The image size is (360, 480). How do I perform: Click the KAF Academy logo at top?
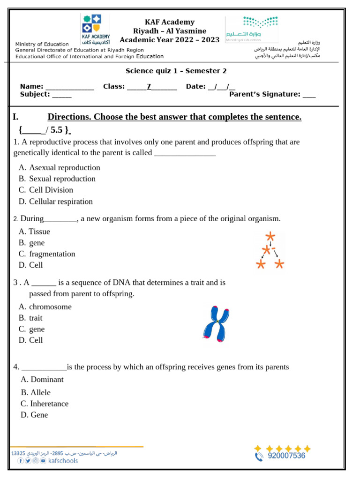[x=96, y=29]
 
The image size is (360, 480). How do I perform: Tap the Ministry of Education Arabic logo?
[x=252, y=29]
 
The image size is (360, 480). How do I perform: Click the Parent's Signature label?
[x=264, y=94]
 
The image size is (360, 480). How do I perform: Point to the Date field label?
[x=195, y=86]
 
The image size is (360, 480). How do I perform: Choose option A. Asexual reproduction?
[x=60, y=168]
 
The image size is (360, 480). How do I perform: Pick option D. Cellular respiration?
[x=56, y=202]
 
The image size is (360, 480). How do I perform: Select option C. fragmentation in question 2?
[x=47, y=254]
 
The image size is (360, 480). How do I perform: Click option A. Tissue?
[x=34, y=232]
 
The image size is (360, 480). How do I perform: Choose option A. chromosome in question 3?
[x=45, y=307]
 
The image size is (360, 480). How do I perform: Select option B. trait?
[x=30, y=318]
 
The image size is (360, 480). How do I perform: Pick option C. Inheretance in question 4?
[x=45, y=404]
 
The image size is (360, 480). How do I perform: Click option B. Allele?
[x=36, y=392]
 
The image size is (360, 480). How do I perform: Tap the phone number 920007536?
[x=286, y=456]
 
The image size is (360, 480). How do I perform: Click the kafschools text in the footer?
[x=63, y=461]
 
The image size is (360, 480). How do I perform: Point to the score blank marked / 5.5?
[x=45, y=130]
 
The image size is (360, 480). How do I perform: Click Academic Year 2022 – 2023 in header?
[x=169, y=40]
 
